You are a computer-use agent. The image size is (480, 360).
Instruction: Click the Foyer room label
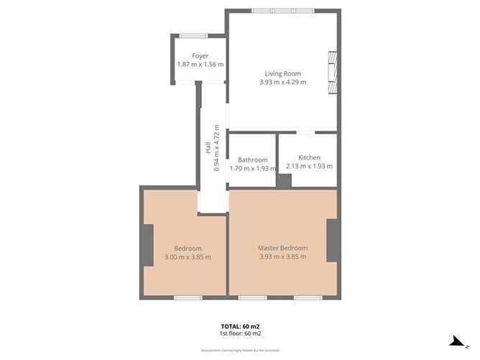pyautogui.click(x=200, y=56)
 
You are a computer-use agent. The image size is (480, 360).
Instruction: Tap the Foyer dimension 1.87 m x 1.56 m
pyautogui.click(x=200, y=65)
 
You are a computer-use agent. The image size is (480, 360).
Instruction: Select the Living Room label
pyautogui.click(x=282, y=73)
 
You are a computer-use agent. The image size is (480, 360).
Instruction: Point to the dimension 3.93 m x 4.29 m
pyautogui.click(x=282, y=82)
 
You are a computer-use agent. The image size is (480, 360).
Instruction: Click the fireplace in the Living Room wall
pyautogui.click(x=332, y=72)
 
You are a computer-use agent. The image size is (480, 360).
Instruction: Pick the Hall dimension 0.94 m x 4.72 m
pyautogui.click(x=217, y=147)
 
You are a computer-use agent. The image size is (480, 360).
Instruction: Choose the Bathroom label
pyautogui.click(x=253, y=160)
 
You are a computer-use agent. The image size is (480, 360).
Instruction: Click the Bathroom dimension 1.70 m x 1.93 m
pyautogui.click(x=253, y=169)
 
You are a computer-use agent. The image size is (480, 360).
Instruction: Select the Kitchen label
pyautogui.click(x=309, y=157)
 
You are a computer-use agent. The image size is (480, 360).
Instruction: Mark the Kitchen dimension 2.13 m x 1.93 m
pyautogui.click(x=309, y=166)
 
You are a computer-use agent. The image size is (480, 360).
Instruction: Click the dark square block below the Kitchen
pyautogui.click(x=284, y=181)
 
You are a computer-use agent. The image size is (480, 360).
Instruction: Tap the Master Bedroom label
pyautogui.click(x=282, y=248)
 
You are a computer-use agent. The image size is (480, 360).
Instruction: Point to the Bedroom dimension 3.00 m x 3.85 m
pyautogui.click(x=188, y=257)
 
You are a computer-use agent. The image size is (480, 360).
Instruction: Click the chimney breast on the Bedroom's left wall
pyautogui.click(x=147, y=245)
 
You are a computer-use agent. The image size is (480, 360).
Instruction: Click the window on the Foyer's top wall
pyautogui.click(x=193, y=35)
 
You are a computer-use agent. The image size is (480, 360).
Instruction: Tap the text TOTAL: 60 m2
pyautogui.click(x=240, y=326)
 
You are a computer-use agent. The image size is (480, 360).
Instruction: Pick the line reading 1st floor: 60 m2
pyautogui.click(x=240, y=333)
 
